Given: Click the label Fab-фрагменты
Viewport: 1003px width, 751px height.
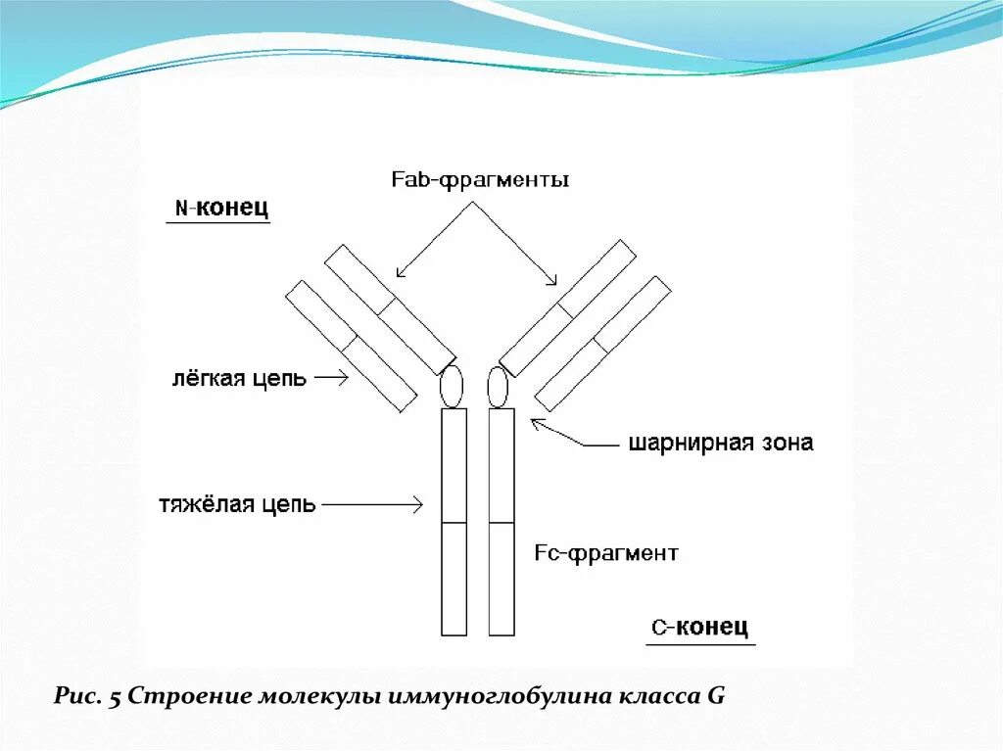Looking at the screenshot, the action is click(x=480, y=181).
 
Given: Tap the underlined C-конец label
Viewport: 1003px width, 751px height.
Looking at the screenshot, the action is click(x=699, y=627).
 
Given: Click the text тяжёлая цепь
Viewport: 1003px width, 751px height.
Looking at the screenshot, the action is click(x=237, y=504).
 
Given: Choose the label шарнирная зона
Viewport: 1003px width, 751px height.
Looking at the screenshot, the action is click(x=720, y=443).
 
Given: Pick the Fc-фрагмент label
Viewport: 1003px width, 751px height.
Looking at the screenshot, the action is click(x=606, y=553).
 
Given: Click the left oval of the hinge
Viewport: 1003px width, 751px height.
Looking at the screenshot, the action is click(x=451, y=387).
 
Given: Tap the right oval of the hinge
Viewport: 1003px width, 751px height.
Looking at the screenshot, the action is click(x=499, y=387).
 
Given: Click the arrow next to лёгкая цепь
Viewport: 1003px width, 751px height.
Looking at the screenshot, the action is click(x=331, y=378).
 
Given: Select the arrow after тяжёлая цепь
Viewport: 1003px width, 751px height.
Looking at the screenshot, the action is click(x=372, y=504).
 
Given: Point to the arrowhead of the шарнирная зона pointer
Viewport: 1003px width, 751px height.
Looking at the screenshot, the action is click(x=535, y=422).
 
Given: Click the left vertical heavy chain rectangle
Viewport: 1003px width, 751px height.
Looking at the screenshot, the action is click(x=454, y=522).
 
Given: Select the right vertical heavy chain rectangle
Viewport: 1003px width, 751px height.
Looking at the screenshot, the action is click(x=501, y=522).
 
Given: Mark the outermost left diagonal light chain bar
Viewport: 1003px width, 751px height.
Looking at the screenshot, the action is click(x=351, y=346).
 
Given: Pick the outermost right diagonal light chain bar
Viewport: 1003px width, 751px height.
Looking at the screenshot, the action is click(x=603, y=343).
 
